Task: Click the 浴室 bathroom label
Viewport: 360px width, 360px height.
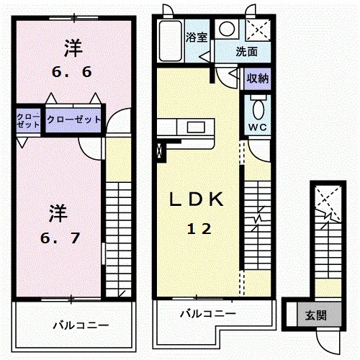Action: click(197, 37)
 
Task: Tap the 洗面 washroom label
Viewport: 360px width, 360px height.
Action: click(246, 52)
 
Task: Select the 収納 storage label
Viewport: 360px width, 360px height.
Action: click(258, 78)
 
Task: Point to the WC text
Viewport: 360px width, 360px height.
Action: click(258, 127)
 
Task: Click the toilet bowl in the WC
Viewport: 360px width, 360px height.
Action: click(258, 109)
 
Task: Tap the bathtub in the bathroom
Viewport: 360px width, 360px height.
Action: click(170, 41)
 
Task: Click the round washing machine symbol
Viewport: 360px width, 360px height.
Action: click(227, 29)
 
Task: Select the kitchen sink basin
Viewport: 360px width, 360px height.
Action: click(196, 127)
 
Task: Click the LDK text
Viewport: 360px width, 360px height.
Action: click(197, 199)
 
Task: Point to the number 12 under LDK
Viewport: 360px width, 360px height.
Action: click(199, 229)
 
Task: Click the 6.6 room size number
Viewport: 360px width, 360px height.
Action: click(72, 72)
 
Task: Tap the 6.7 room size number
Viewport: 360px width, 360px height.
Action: click(60, 238)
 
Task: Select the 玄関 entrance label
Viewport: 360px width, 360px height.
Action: click(316, 315)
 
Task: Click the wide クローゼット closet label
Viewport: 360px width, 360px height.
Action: click(74, 120)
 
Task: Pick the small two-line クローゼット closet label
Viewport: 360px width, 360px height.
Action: click(28, 121)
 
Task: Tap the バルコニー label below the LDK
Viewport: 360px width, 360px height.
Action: click(208, 314)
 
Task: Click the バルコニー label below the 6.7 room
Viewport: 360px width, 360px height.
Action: click(81, 325)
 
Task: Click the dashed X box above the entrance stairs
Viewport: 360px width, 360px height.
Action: click(328, 204)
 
